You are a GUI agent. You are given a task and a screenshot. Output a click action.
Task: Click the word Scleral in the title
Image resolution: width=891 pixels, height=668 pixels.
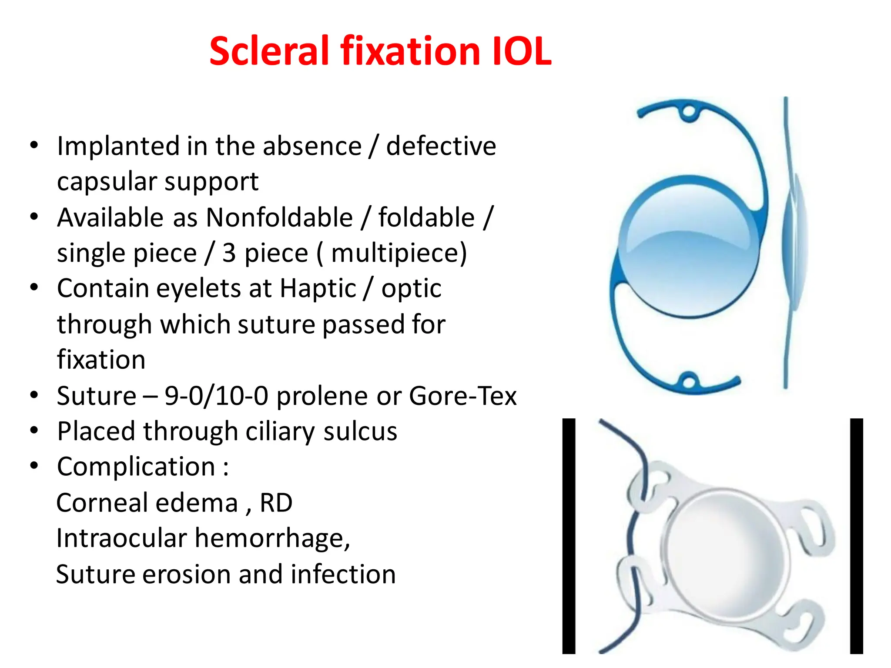point(269,51)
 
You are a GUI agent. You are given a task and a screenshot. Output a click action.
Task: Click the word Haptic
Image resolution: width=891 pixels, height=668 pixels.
point(318,289)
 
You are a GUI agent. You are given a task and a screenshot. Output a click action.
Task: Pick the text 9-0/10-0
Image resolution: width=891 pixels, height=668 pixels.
point(216,396)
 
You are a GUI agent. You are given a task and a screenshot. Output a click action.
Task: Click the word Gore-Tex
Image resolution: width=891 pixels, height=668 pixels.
point(462,396)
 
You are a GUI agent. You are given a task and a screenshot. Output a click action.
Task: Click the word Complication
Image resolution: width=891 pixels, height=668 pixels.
point(136,467)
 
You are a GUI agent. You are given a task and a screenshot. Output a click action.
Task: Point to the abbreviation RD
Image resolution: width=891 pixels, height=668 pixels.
point(276,503)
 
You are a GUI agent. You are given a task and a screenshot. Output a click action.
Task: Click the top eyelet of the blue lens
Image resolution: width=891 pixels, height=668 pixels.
point(689,112)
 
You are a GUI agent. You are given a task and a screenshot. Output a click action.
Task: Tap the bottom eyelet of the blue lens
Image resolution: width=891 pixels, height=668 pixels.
point(688,383)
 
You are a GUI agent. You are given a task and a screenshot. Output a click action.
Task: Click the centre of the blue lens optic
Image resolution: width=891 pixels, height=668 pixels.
point(689,247)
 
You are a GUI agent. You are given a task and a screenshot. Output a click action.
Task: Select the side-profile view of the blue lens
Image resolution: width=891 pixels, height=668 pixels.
point(793,244)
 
